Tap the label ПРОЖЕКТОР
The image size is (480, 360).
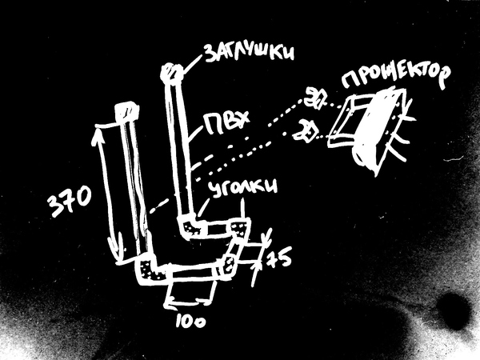(x=392, y=77)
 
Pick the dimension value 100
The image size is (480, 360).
(x=189, y=320)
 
